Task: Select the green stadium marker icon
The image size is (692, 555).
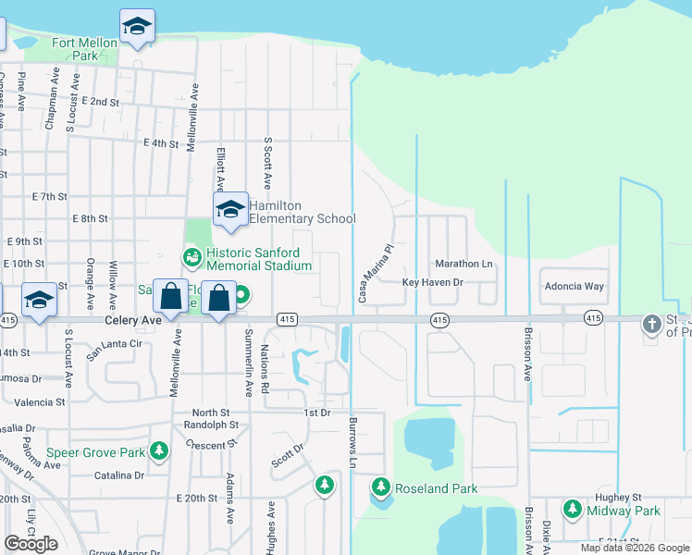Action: pos(192,255)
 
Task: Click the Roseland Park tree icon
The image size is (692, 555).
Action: pos(380,487)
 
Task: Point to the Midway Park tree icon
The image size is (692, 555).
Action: pos(572,509)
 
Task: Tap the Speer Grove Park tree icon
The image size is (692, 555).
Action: pos(159,450)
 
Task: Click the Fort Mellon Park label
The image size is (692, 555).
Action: pos(85,49)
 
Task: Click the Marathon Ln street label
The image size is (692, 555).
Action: pos(463,264)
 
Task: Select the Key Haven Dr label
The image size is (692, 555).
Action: pos(432,281)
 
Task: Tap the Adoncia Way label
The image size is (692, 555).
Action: pos(574,287)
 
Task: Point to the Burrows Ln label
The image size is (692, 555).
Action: pos(352,441)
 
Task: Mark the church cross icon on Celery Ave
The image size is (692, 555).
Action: pos(653,323)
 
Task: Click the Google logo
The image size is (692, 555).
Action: pos(31,544)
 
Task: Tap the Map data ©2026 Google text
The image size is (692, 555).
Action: pos(634,548)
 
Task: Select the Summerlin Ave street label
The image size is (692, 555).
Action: pos(248,362)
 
